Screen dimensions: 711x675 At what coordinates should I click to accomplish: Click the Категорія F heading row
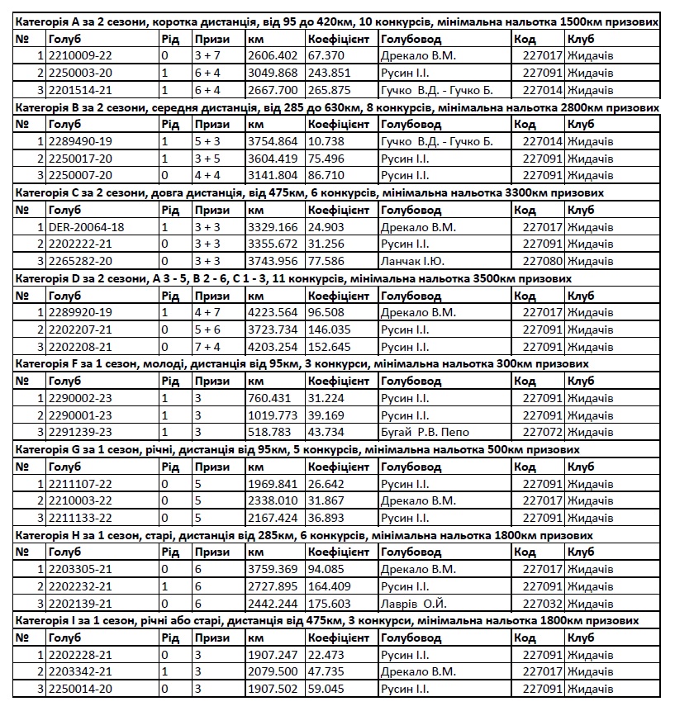302,363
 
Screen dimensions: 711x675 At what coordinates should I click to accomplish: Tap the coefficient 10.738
325,141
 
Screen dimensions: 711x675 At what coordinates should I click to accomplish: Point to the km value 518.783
269,432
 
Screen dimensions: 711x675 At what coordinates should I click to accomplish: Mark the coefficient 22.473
325,655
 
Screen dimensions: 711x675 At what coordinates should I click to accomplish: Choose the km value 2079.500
272,671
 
